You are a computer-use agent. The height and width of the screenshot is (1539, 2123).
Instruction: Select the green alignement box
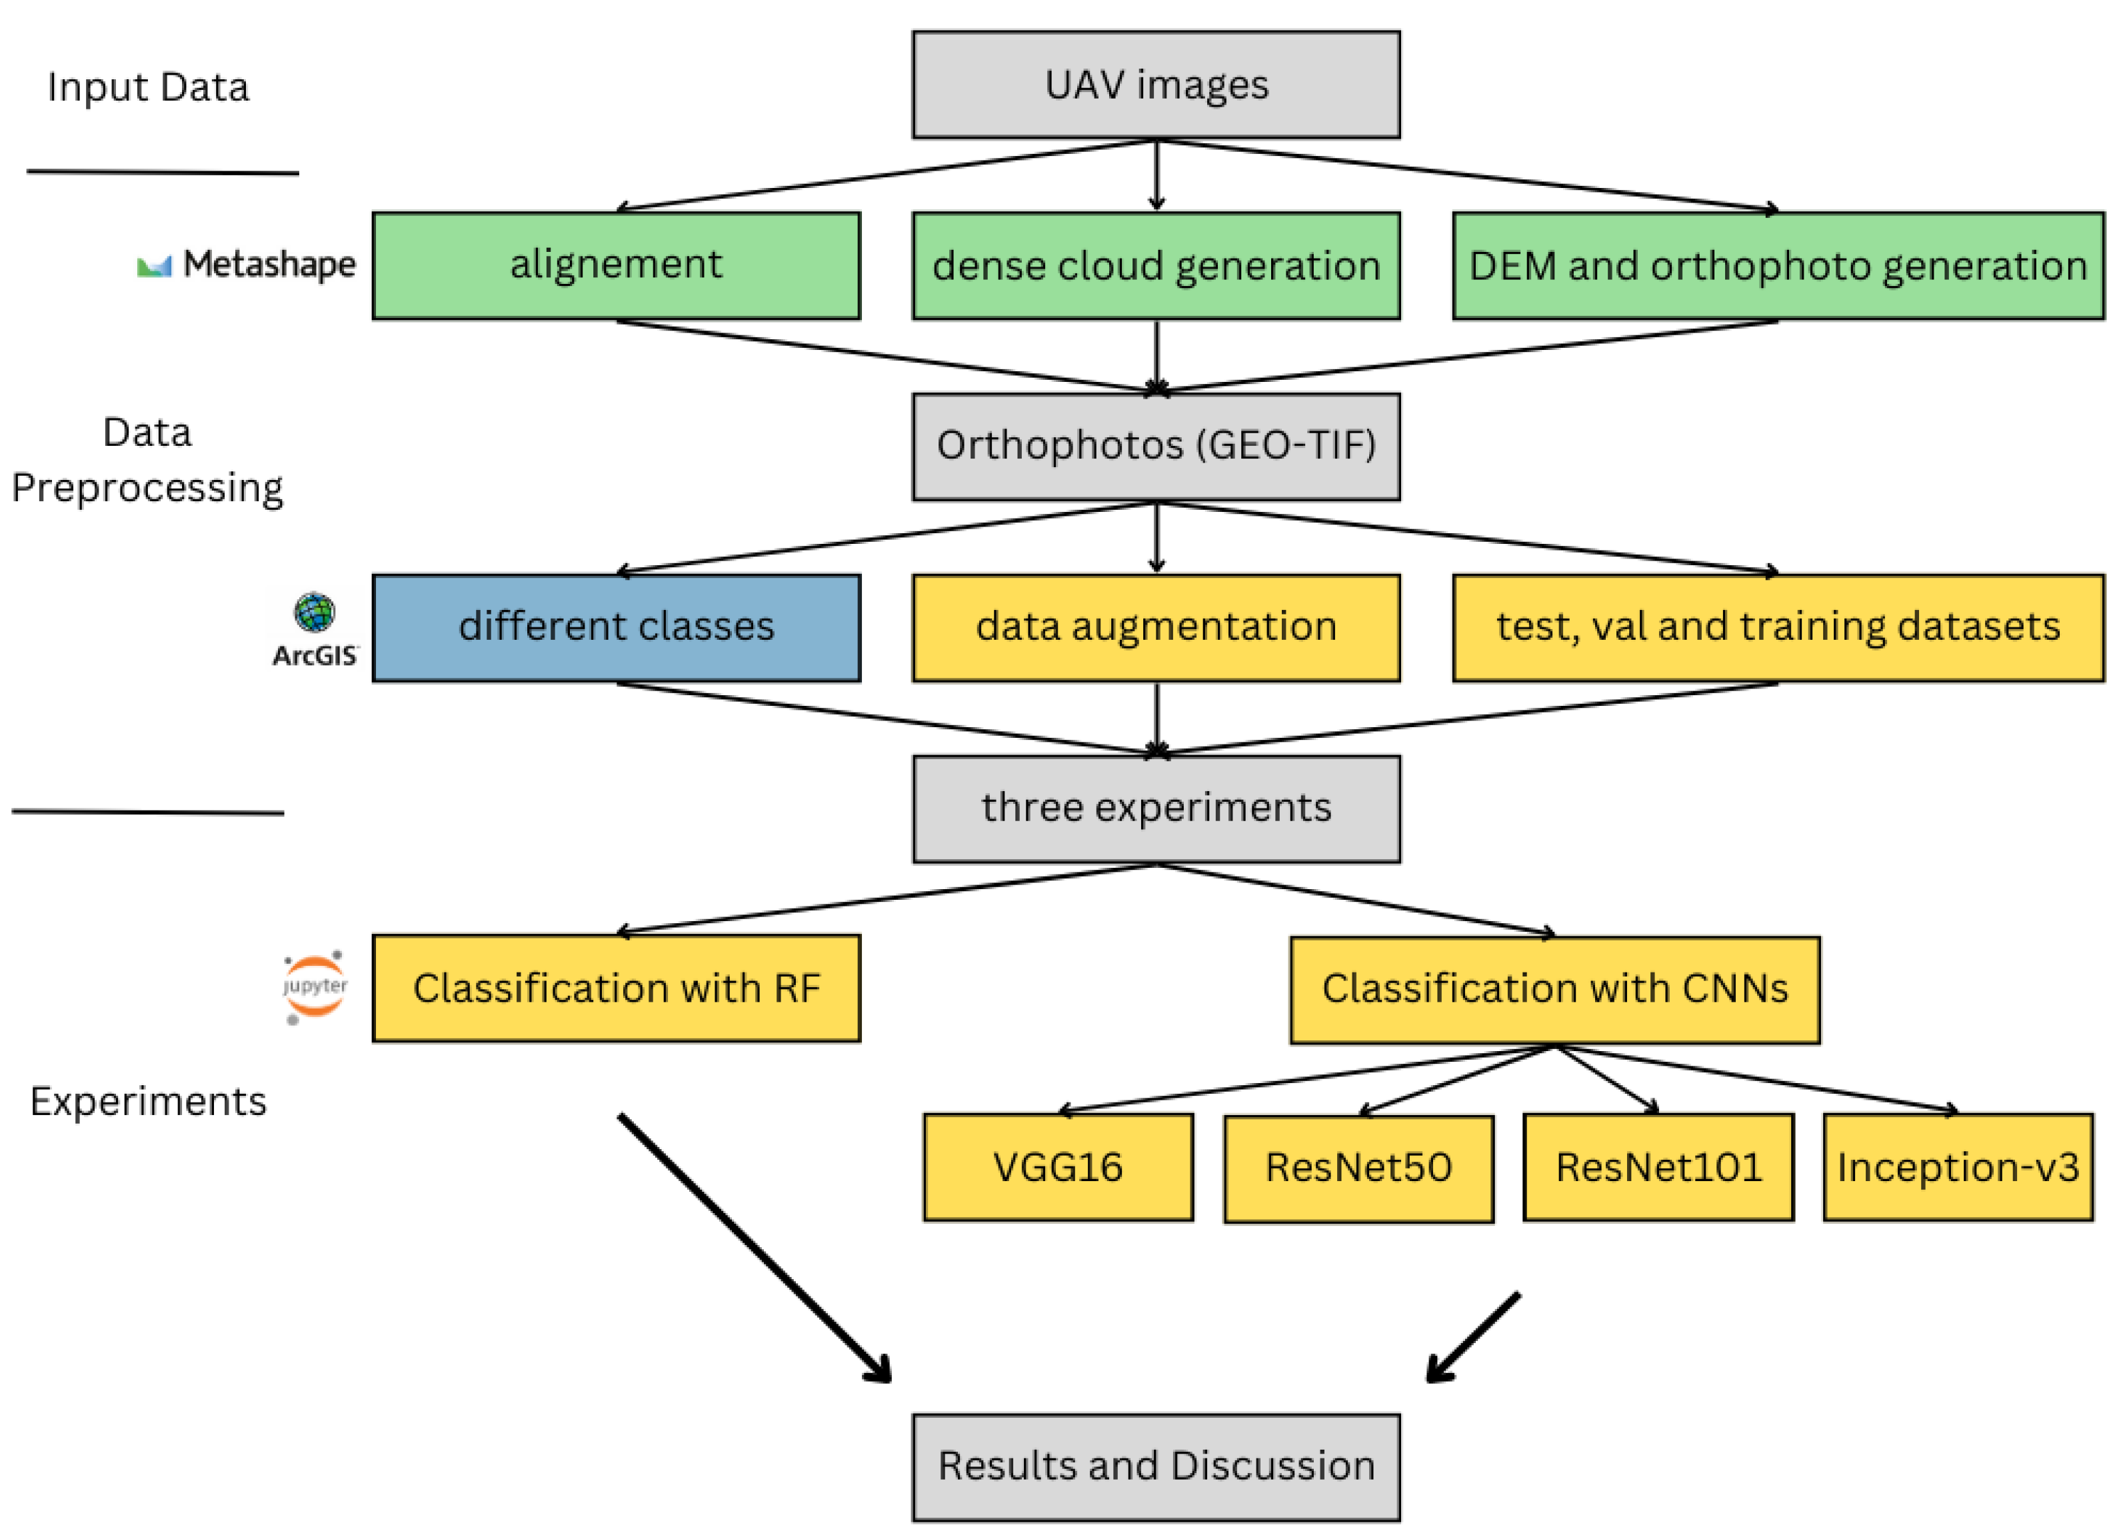[616, 266]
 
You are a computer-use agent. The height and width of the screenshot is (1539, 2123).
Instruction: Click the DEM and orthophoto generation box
[1778, 266]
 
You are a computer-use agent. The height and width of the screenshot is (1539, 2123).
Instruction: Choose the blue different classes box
[616, 628]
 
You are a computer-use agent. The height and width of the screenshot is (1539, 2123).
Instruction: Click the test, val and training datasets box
[1778, 628]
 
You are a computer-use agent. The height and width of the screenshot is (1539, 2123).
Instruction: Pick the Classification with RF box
[616, 988]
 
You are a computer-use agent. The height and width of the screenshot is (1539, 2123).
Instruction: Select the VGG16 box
[1058, 1167]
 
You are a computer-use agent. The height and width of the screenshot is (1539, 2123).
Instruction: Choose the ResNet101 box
[1658, 1167]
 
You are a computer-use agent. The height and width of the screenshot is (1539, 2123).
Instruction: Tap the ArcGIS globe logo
[315, 613]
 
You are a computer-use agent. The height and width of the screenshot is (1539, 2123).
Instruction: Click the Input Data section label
[148, 87]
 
